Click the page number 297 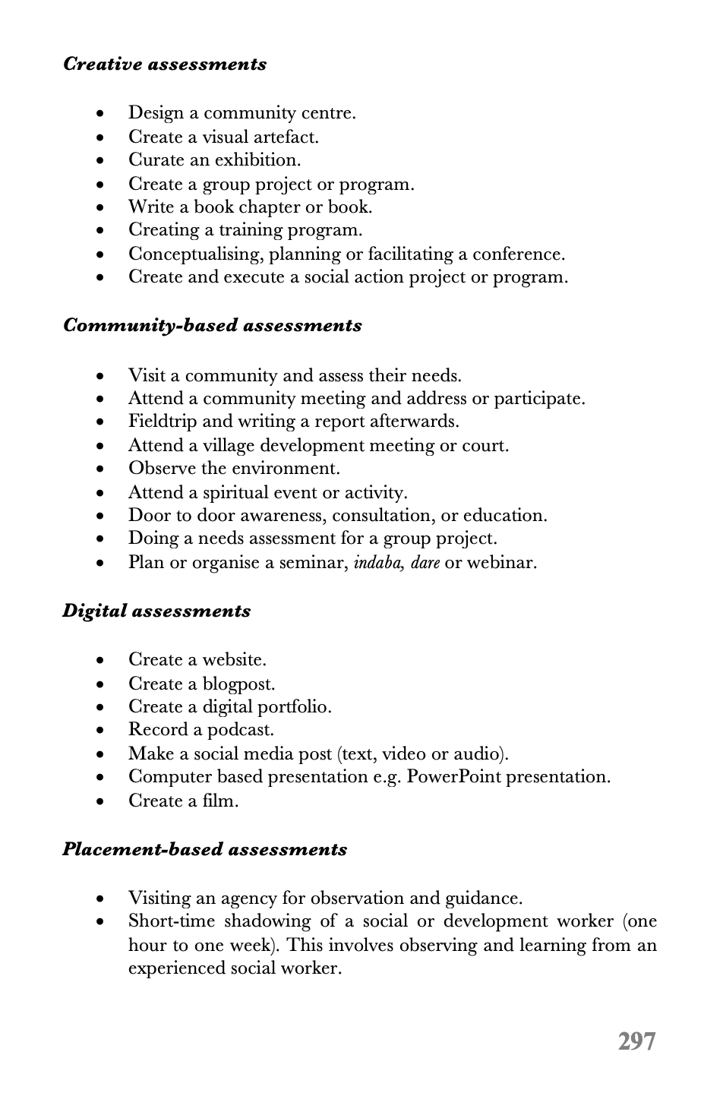pos(636,1041)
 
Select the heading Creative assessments pos(165,65)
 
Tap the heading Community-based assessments pos(213,326)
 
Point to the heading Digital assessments pos(156,611)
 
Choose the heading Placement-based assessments pos(205,850)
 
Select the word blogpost pos(238,684)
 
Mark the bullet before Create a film pos(102,802)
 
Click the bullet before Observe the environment pos(102,469)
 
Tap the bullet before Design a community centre pos(102,114)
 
